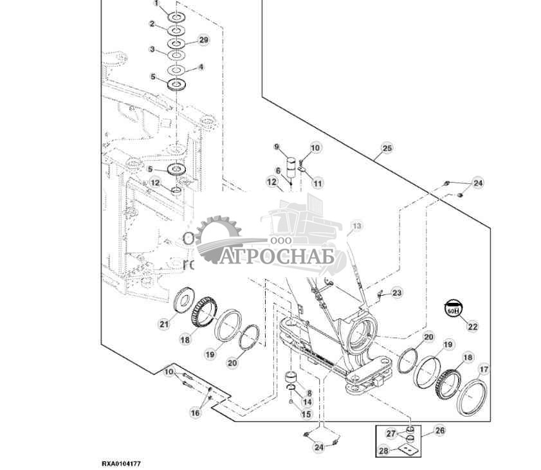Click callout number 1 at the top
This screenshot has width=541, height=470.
(x=154, y=5)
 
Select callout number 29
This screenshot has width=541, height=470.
(x=204, y=40)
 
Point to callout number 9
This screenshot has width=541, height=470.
(x=277, y=147)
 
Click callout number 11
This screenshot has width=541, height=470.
(x=318, y=184)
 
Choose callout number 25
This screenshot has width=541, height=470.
(x=386, y=149)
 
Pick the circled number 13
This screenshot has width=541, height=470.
(x=356, y=226)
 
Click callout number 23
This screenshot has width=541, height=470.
(x=396, y=293)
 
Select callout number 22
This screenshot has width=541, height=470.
(x=473, y=327)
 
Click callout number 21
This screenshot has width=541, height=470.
(x=164, y=325)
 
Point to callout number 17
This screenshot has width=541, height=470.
(x=482, y=369)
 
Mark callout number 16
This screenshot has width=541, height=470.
(x=195, y=413)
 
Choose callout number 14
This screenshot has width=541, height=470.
(x=307, y=402)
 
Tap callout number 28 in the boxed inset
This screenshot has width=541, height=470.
(x=383, y=451)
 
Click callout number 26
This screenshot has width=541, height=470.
(x=440, y=430)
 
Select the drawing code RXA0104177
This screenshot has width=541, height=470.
(x=121, y=463)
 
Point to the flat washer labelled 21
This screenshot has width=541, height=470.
(x=185, y=300)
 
